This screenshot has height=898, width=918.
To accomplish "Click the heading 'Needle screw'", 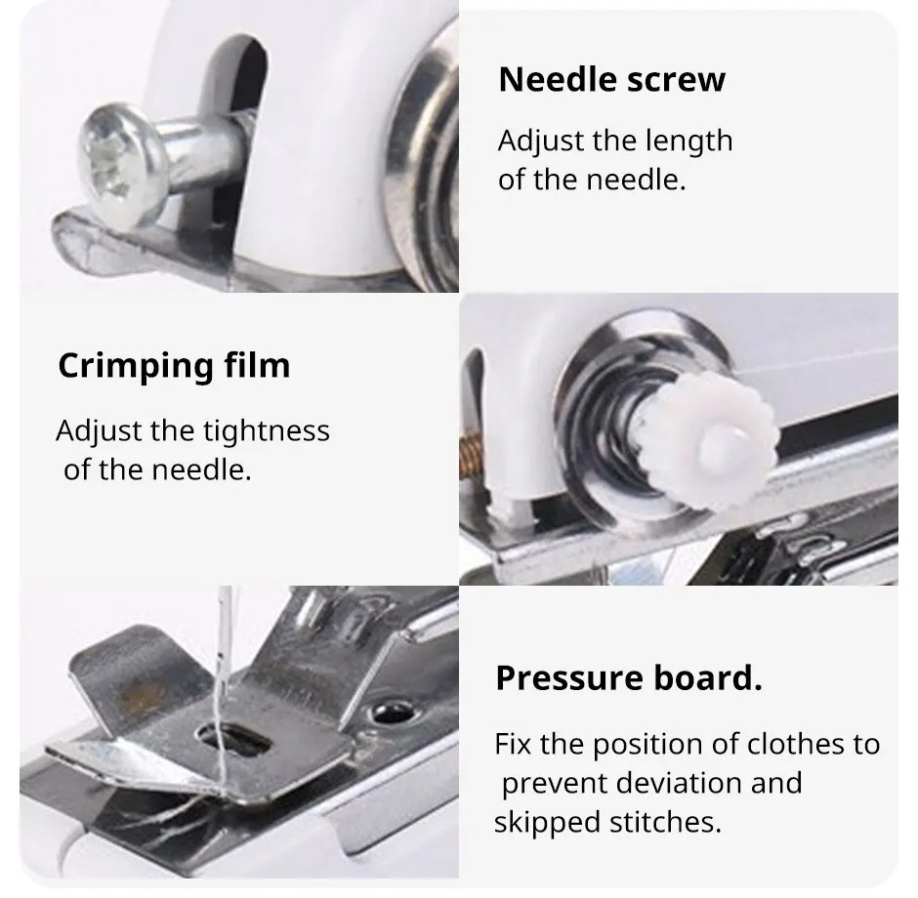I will tap(611, 79).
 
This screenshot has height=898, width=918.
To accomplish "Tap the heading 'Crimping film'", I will tap(174, 365).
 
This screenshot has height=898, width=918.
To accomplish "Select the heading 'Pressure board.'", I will tap(628, 677).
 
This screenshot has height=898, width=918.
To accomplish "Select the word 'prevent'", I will tap(554, 783).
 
